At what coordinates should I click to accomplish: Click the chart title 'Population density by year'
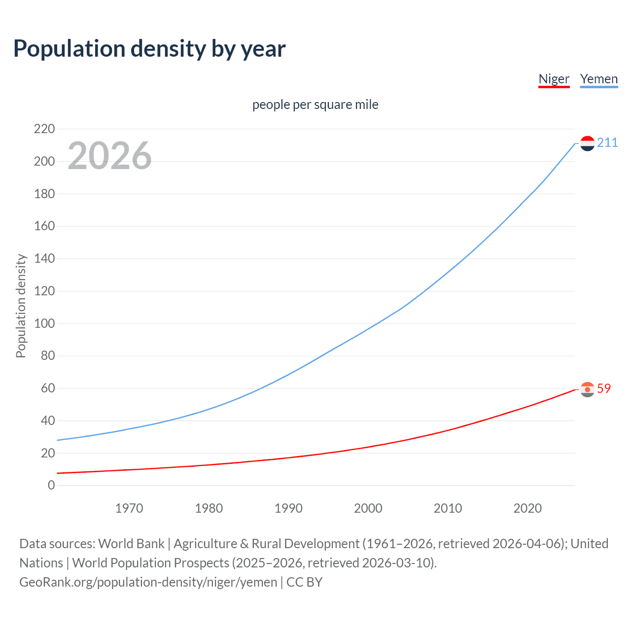click(x=149, y=49)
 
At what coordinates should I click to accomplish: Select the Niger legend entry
click(x=554, y=79)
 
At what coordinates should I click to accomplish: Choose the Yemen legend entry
click(x=598, y=79)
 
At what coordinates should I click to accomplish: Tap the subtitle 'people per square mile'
click(x=315, y=105)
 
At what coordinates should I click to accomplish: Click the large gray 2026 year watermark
click(x=109, y=156)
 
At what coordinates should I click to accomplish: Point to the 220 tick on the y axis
click(x=44, y=129)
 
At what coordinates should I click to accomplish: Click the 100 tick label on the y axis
click(x=44, y=324)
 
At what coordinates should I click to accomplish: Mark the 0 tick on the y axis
click(x=51, y=486)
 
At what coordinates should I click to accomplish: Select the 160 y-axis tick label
click(x=44, y=226)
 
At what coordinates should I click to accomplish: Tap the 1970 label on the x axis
click(x=129, y=508)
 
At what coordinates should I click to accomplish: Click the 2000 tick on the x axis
click(x=368, y=508)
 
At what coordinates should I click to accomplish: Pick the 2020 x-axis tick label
click(x=527, y=508)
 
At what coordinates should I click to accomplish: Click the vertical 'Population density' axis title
click(x=21, y=306)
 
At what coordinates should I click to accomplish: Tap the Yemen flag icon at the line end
click(x=587, y=143)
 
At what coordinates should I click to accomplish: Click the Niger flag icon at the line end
click(x=587, y=389)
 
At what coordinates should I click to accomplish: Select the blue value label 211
click(x=607, y=143)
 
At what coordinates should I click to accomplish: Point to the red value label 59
click(x=604, y=389)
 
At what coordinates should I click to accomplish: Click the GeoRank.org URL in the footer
click(x=148, y=582)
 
